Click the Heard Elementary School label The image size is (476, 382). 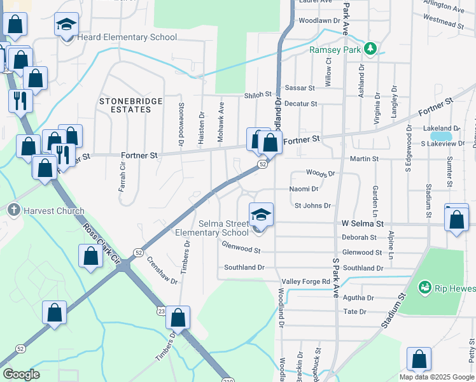127,38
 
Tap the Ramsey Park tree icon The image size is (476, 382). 369,49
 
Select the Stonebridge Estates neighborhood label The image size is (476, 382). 125,105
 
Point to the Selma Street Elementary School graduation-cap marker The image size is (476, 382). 261,215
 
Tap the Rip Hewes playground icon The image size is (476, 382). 424,288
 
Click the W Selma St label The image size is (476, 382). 363,224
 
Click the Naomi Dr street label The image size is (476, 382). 304,189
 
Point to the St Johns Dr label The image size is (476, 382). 312,206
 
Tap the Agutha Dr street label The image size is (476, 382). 358,297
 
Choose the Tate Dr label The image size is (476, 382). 354,312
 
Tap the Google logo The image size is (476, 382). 21,374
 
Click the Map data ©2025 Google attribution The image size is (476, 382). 436,377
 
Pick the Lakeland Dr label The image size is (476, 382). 441,128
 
